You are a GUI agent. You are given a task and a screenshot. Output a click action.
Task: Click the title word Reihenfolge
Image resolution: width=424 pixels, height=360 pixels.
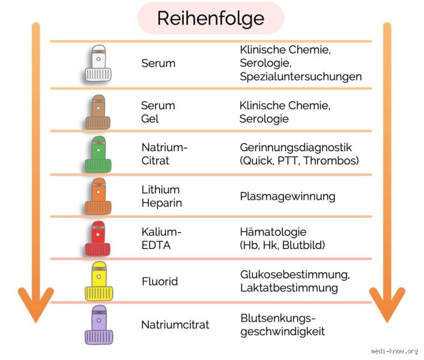[211, 19]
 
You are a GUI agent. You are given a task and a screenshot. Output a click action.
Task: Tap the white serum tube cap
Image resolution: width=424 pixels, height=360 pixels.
[98, 63]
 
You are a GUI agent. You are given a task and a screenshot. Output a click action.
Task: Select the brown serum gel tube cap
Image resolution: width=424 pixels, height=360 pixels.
[98, 112]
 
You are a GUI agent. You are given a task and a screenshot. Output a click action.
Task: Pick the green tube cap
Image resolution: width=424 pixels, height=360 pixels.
[98, 154]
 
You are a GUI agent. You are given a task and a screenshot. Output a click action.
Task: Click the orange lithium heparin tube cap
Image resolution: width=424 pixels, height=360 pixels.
[98, 196]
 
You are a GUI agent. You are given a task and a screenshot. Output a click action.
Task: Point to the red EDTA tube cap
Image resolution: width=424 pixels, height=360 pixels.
[98, 238]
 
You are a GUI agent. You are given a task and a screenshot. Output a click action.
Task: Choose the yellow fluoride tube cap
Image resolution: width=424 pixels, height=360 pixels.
[99, 281]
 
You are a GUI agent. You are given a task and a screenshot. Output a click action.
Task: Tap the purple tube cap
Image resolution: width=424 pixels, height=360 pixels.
[99, 325]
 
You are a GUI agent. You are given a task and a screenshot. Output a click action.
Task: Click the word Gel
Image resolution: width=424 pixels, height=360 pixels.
[150, 119]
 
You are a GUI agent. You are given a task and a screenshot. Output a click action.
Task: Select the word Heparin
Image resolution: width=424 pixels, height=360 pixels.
[162, 203]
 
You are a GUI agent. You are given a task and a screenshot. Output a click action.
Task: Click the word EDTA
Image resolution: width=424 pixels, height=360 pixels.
[156, 245]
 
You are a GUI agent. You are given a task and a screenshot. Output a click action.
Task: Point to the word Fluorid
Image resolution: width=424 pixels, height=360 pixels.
[160, 281]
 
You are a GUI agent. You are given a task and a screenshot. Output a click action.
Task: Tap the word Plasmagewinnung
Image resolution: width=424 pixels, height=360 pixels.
[288, 197]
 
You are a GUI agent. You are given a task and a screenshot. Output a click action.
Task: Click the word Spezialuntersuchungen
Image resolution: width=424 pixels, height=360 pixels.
[301, 77]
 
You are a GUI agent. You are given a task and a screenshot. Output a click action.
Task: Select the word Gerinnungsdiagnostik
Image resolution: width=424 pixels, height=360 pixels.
[296, 148]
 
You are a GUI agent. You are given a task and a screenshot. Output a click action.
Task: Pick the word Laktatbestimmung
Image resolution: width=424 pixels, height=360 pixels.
[289, 288]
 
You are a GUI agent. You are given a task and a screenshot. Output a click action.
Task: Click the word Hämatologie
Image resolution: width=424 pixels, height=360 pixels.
[273, 232]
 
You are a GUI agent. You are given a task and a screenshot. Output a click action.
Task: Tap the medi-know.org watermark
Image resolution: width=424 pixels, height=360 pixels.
[395, 351]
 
